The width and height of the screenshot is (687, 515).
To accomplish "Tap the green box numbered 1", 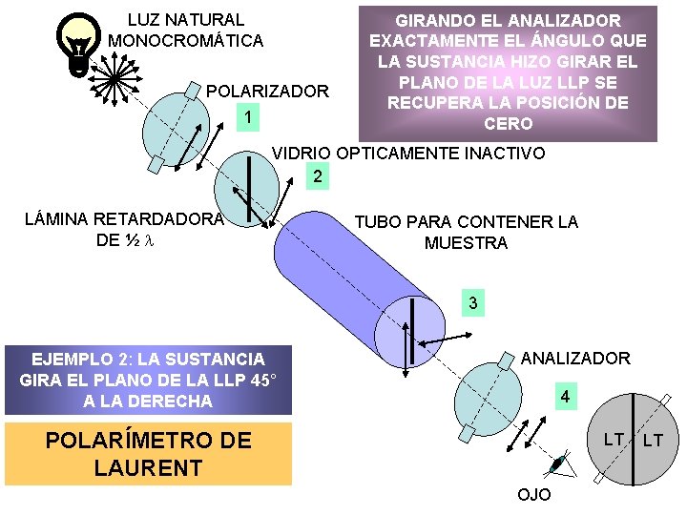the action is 247,117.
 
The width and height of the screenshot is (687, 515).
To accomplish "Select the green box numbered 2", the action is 318,176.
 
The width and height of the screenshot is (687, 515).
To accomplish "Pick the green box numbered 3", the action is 471,302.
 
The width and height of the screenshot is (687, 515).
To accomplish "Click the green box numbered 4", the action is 566,396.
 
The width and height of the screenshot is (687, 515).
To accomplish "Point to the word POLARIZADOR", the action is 267,92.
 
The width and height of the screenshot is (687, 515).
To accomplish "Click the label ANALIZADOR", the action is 575,359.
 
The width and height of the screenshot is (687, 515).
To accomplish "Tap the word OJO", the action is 532,496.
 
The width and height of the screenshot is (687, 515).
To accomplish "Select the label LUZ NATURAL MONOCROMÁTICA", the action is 186,30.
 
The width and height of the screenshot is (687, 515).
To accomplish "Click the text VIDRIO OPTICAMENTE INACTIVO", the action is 409,153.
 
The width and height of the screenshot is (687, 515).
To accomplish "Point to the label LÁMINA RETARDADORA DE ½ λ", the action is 124,229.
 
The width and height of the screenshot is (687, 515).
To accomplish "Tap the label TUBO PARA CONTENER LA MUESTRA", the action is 466,232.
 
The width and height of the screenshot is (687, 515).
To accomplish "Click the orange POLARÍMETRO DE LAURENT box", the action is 148,454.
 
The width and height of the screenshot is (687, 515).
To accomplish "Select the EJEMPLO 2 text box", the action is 148,380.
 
